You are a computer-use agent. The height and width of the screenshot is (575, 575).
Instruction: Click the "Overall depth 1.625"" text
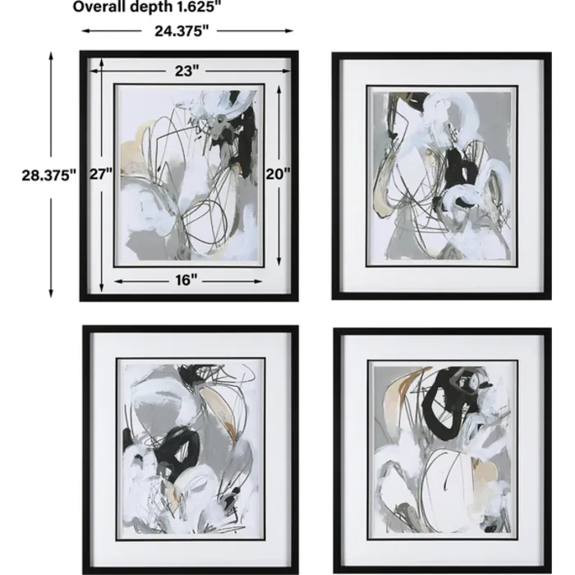tap(147, 7)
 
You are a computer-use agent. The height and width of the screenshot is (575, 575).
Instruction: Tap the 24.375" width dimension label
tap(182, 31)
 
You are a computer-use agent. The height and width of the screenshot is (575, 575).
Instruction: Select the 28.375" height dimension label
tap(48, 175)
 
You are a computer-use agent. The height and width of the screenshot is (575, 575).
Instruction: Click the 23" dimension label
tap(186, 71)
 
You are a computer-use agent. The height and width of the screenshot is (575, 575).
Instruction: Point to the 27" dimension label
tap(101, 173)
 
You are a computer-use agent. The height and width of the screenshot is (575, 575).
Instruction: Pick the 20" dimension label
tap(278, 173)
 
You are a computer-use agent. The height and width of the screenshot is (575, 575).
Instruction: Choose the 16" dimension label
tap(186, 281)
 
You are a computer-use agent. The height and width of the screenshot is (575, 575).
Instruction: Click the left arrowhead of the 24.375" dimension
tap(85, 31)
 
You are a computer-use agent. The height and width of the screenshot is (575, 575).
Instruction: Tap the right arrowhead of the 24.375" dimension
tap(288, 31)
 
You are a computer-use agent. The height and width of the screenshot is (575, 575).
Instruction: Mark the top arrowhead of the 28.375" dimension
tap(51, 56)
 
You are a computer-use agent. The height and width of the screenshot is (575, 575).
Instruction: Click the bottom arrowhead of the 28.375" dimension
tap(51, 293)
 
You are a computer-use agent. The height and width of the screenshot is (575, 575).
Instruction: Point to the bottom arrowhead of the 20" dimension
tap(279, 260)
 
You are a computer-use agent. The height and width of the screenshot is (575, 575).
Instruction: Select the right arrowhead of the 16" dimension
tap(258, 282)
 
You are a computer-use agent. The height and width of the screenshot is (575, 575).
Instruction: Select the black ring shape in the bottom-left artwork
tap(176, 451)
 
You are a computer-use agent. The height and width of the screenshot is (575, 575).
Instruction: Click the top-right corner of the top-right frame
tap(551, 53)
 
